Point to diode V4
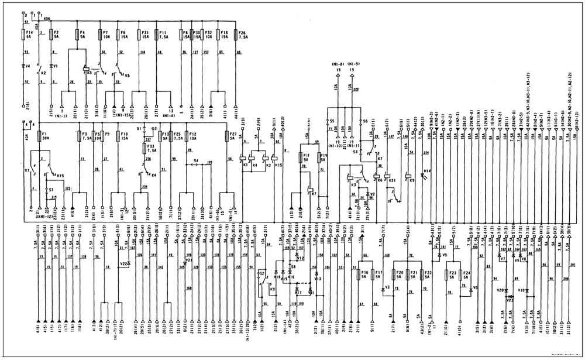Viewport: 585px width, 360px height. [x=23, y=66]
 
